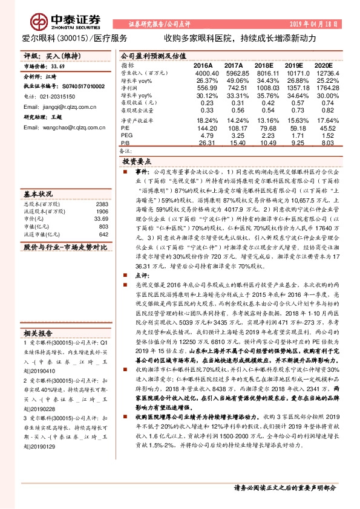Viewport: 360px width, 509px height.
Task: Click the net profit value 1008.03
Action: [x=264, y=88]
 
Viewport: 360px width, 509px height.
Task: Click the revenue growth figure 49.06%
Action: [x=233, y=80]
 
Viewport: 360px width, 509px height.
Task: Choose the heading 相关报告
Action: [x=39, y=334]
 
